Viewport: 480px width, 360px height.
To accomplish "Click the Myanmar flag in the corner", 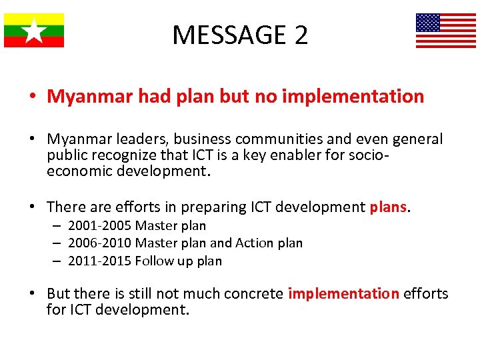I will [34, 31].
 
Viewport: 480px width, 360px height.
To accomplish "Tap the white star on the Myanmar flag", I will [34, 31].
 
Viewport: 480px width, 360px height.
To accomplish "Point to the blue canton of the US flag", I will [428, 23].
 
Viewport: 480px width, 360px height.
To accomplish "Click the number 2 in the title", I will [300, 35].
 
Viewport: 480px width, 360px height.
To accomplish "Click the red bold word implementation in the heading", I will [353, 97].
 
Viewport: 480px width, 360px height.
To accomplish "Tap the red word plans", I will [388, 207].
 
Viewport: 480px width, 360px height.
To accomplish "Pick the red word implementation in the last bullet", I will [343, 293].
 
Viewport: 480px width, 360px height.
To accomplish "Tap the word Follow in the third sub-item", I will [155, 261].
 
